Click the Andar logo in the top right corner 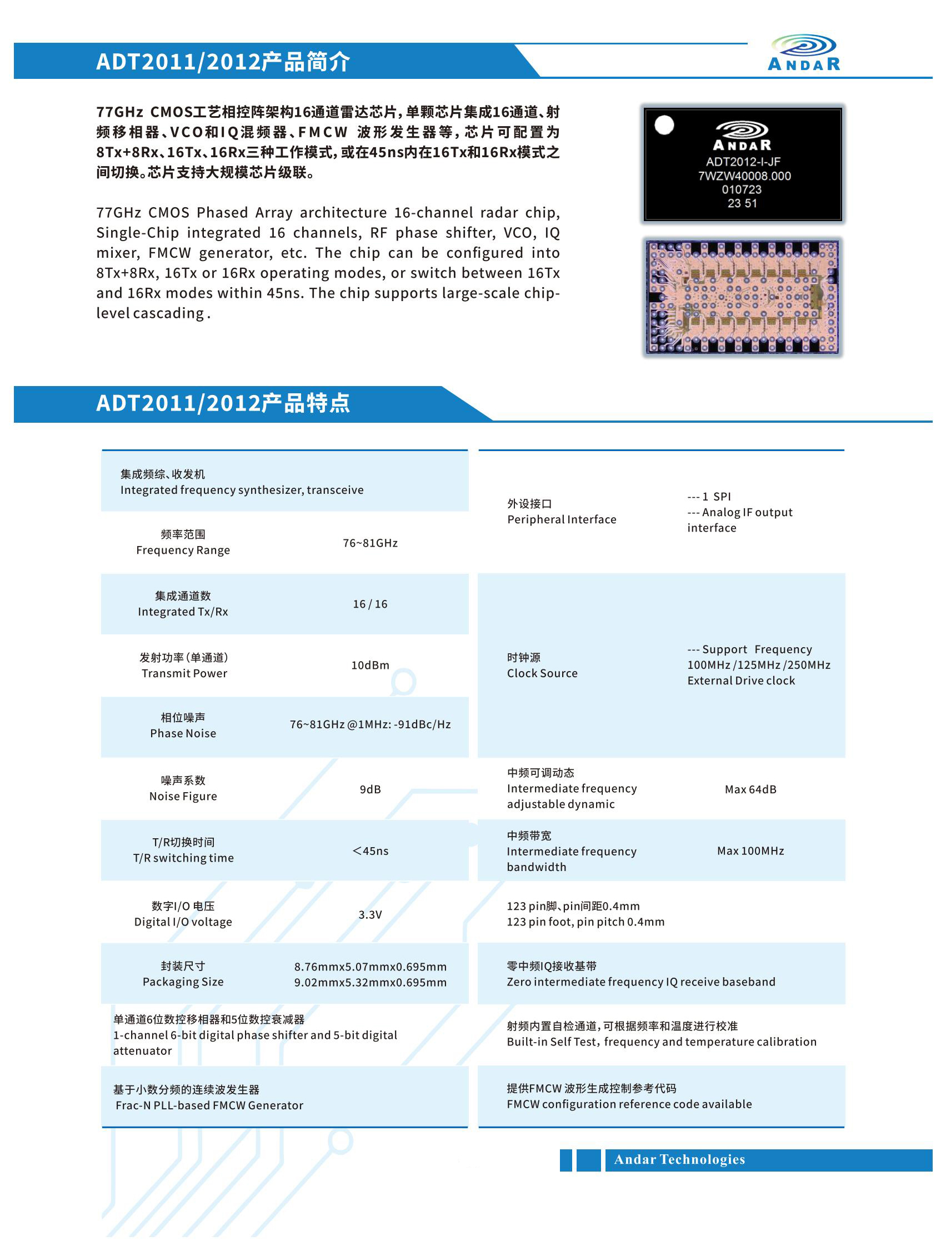pos(803,53)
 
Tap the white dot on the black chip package pos(664,125)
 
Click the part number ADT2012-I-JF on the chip pos(743,162)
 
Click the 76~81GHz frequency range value pos(370,543)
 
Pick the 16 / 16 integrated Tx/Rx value pos(370,604)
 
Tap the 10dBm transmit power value pos(370,665)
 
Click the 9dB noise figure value pos(370,789)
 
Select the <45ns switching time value pos(370,850)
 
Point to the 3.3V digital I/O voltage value pos(370,914)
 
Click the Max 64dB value pos(750,789)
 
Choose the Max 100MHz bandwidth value pos(750,850)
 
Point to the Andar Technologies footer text pos(679,1159)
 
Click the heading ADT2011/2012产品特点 pos(223,403)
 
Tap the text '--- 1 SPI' pos(709,497)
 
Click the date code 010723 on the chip pos(742,189)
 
